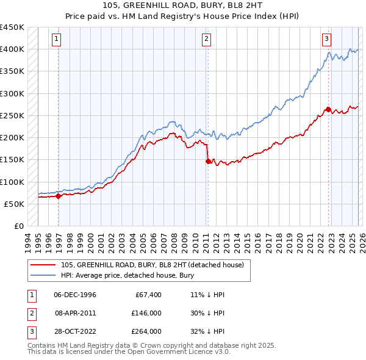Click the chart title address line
click(x=183, y=5)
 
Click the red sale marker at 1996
click(x=59, y=196)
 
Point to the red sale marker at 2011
click(x=208, y=161)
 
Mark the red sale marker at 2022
click(x=328, y=109)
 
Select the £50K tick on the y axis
click(x=15, y=204)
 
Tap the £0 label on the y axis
click(x=19, y=226)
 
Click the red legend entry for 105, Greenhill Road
click(x=152, y=265)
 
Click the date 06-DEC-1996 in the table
click(x=75, y=295)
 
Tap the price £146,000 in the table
click(x=146, y=313)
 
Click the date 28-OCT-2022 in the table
click(x=75, y=331)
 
